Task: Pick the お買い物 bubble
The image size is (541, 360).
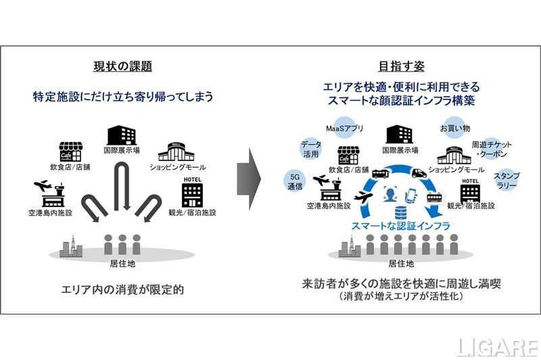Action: coord(454,128)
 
